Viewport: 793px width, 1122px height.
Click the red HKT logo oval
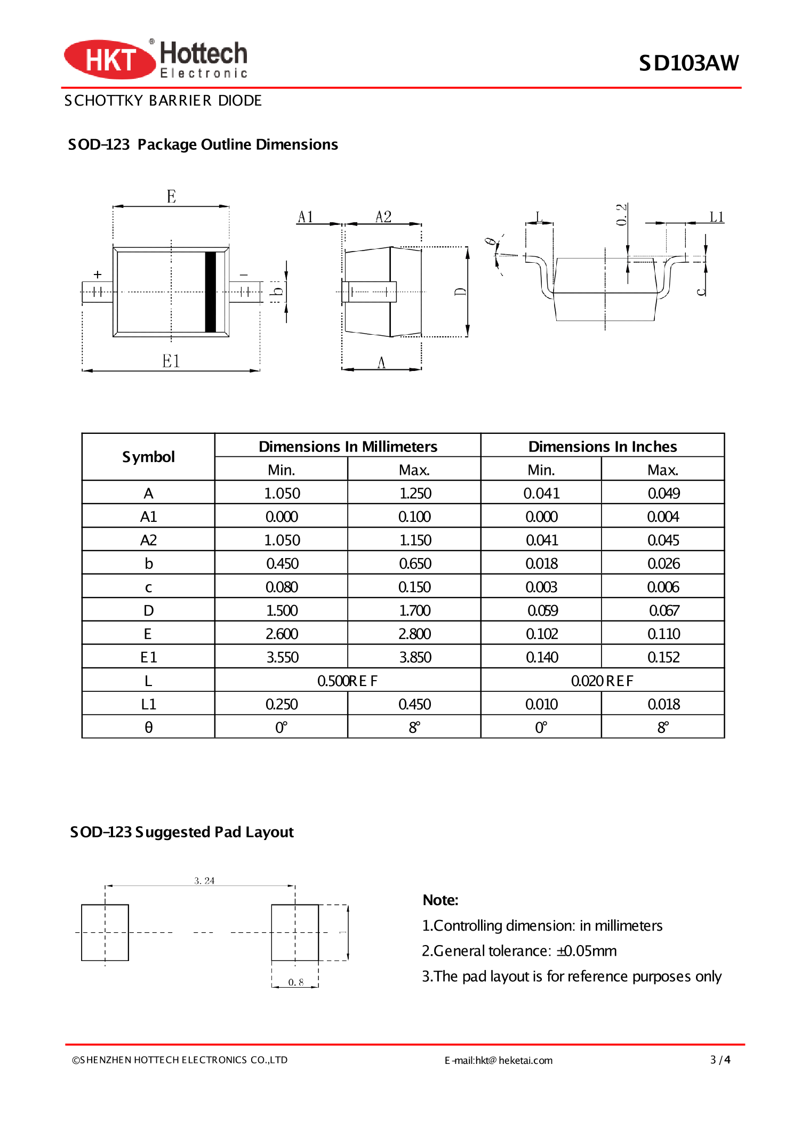(x=109, y=59)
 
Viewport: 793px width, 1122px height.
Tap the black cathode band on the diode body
(x=211, y=292)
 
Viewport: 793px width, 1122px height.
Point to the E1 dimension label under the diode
(x=171, y=361)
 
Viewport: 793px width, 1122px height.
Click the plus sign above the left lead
(x=98, y=275)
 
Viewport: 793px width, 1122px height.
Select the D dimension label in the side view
(x=460, y=292)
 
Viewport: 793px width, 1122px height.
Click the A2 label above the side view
(x=383, y=217)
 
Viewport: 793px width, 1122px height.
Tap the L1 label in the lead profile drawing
(x=716, y=217)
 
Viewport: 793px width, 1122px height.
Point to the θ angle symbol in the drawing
(x=489, y=242)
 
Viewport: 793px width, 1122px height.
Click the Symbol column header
(x=148, y=457)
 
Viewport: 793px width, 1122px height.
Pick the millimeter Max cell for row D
(x=414, y=610)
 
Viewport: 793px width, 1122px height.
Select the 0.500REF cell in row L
(x=347, y=681)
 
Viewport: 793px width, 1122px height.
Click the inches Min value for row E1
(x=541, y=657)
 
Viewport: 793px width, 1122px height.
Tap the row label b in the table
(x=148, y=563)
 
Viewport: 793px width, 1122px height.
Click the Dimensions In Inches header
(x=602, y=446)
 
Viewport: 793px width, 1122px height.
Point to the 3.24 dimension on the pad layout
(x=204, y=881)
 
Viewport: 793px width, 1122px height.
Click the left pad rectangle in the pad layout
(x=105, y=932)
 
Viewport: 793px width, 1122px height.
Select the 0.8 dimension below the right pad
(x=295, y=982)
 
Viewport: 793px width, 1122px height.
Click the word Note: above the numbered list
(x=440, y=900)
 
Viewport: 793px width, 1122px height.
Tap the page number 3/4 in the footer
(x=719, y=1060)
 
